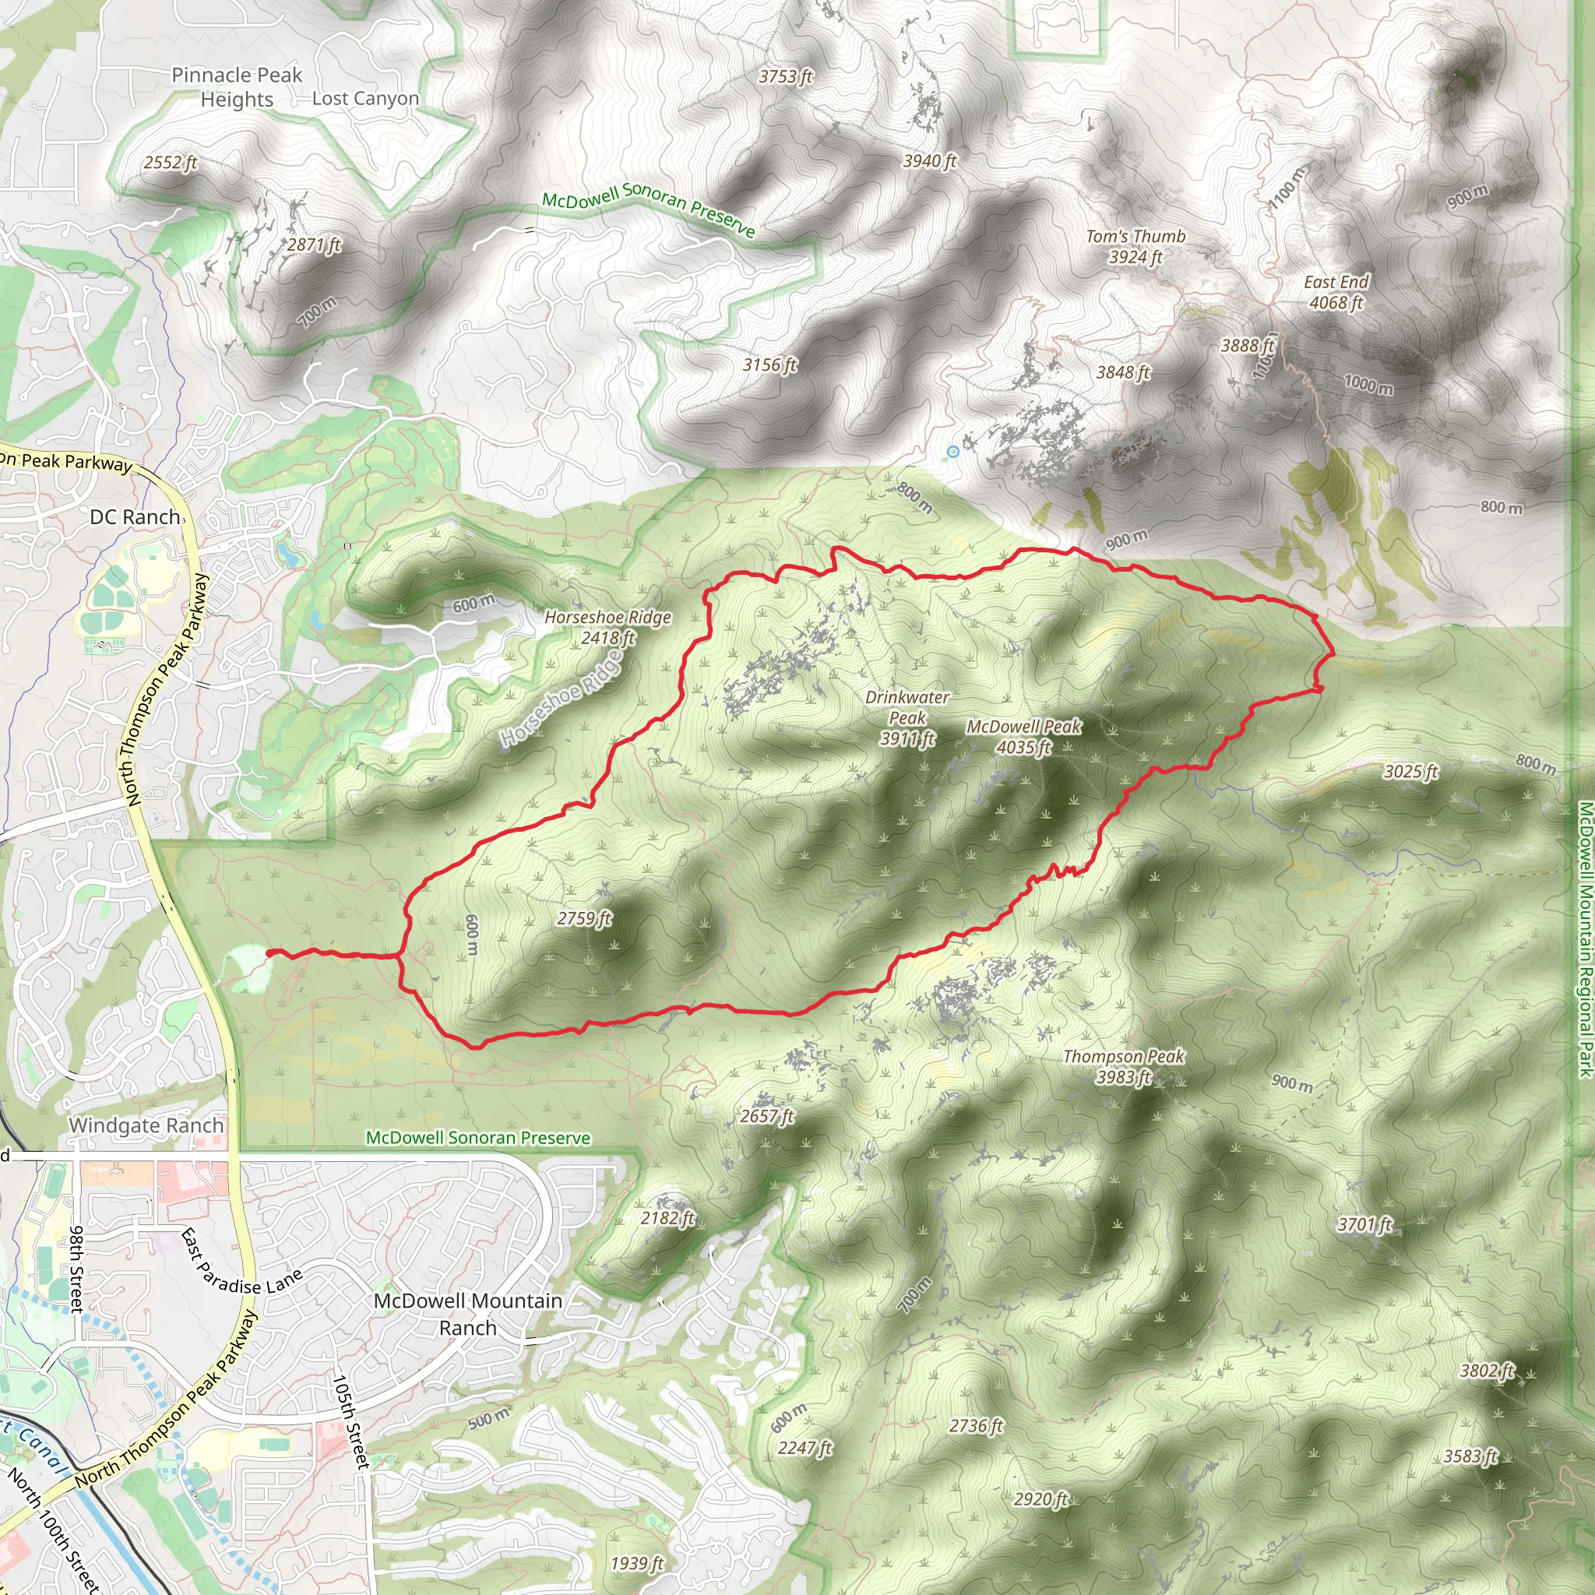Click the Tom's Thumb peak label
point(1136,246)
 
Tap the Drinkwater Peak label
point(907,717)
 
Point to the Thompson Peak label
point(1124,1066)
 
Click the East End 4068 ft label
point(1336,292)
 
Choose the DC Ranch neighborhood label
point(135,517)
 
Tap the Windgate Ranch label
point(146,1125)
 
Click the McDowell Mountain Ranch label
point(468,1314)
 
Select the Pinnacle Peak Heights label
point(237,86)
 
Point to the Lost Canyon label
point(366,98)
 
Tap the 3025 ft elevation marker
point(1410,771)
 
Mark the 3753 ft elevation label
point(785,76)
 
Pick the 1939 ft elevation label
point(636,1563)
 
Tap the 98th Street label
point(76,1269)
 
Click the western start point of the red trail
point(269,953)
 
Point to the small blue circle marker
point(952,451)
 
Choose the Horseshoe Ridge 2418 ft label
point(607,627)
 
